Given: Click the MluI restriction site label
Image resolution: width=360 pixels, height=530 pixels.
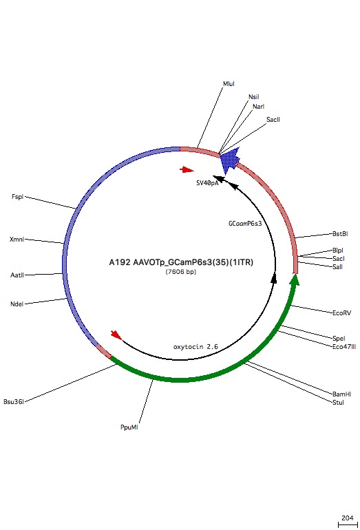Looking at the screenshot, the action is (229, 83).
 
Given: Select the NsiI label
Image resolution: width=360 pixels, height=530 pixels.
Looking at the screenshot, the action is (253, 97).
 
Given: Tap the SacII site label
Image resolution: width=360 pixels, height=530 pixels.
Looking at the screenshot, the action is (273, 120).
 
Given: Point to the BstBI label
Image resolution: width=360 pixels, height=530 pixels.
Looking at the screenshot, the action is (340, 234).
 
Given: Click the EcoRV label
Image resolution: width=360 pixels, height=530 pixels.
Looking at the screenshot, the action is (341, 313).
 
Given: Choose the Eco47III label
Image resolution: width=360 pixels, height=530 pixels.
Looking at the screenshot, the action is (344, 347).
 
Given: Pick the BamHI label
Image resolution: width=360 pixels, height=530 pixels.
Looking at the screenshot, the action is (341, 394).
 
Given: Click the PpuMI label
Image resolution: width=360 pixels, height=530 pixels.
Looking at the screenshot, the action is (129, 427).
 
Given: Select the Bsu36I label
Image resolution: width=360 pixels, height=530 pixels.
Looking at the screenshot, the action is (14, 402).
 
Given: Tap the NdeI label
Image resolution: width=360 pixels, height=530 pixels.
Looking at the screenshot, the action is (17, 304).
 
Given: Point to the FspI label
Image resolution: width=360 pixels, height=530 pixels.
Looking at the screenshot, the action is (17, 197).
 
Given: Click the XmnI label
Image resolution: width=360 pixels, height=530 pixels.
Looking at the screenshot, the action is (17, 240).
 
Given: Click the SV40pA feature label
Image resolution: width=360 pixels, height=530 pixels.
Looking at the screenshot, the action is (207, 183).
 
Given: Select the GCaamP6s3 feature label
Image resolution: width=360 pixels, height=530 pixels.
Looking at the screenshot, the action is (245, 224).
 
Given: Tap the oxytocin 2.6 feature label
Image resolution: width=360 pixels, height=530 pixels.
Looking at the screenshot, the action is (195, 347).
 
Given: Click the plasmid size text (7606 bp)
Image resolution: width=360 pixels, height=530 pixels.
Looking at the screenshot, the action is (181, 272).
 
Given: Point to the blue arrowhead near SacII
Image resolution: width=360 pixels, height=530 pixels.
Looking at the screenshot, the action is (230, 160).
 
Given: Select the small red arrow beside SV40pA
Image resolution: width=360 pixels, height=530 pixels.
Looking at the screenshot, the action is (187, 170).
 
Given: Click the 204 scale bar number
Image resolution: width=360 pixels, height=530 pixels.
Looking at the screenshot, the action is (348, 518).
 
